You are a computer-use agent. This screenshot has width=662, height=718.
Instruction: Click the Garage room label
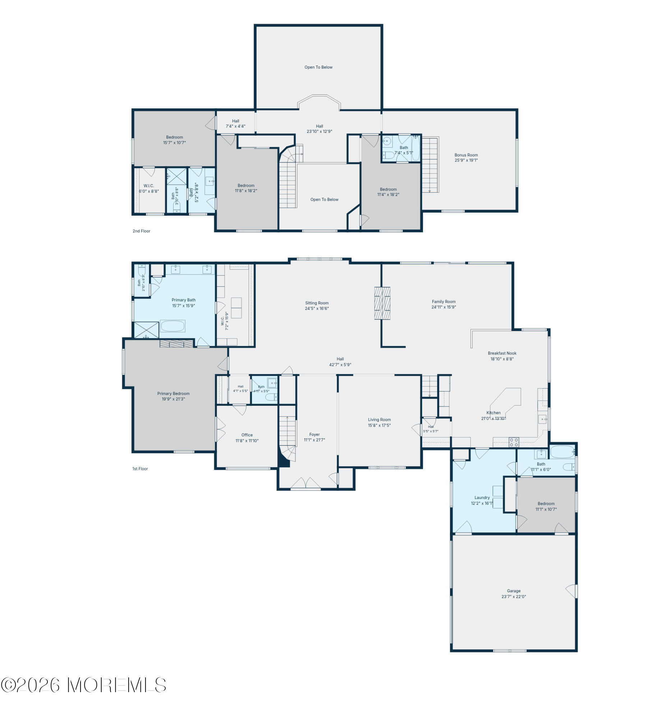[x=513, y=591]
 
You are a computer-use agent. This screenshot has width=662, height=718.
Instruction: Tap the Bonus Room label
[x=466, y=155]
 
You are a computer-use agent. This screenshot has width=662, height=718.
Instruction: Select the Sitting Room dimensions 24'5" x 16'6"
[x=317, y=308]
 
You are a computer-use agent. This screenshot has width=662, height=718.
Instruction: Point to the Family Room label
[x=443, y=302]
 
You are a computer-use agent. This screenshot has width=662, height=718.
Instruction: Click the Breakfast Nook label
[x=502, y=353]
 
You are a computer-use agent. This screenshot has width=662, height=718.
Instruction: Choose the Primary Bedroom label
[x=173, y=393]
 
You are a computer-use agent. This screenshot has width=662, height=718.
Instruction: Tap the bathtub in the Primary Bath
[x=173, y=326]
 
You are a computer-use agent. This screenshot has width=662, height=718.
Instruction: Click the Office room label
[x=247, y=435]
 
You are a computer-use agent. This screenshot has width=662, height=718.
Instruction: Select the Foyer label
[x=314, y=434]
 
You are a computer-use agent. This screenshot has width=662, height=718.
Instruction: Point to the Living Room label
[x=379, y=420]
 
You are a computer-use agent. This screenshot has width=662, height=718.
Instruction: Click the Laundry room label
[x=482, y=498]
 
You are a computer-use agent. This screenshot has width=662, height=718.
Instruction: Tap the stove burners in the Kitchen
[x=514, y=442]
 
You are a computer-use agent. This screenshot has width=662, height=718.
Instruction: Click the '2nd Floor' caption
[x=141, y=231]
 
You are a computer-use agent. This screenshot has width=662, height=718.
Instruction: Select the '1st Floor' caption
[x=140, y=468]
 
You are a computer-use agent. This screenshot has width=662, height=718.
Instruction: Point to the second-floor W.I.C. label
[x=148, y=186]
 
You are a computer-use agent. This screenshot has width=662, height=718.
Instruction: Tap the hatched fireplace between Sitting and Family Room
[x=382, y=303]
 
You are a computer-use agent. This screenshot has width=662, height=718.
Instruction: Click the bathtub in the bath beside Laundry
[x=562, y=452]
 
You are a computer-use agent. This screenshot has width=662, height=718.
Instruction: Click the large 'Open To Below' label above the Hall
[x=318, y=67]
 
